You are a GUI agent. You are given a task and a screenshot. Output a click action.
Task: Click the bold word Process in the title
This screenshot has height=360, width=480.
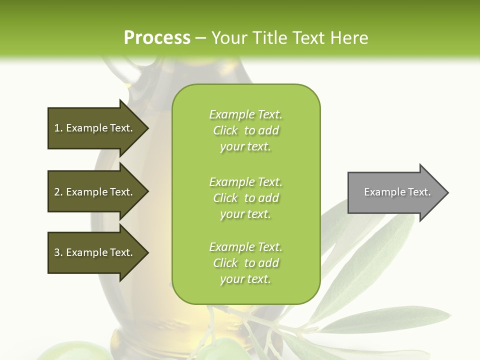tap(156, 38)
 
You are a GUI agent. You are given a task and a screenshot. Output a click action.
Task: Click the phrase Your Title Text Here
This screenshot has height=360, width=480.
tap(289, 38)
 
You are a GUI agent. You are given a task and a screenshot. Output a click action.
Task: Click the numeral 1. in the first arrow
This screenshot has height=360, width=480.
tap(58, 128)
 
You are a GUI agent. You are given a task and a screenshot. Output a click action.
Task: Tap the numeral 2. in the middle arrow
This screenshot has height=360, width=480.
tap(58, 192)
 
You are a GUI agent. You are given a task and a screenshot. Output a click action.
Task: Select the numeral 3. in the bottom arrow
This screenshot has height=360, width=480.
tap(58, 252)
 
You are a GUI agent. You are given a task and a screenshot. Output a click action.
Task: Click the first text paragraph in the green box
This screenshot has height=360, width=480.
tap(245, 130)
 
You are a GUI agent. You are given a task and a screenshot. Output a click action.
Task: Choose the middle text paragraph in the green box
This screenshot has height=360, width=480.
tap(245, 198)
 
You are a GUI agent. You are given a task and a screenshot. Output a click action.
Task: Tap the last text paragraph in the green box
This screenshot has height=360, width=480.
tap(245, 263)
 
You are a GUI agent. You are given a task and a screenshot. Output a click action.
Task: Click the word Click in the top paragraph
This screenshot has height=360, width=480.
tap(225, 131)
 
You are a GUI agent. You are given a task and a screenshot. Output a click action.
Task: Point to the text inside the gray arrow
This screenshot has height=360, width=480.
tap(397, 192)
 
